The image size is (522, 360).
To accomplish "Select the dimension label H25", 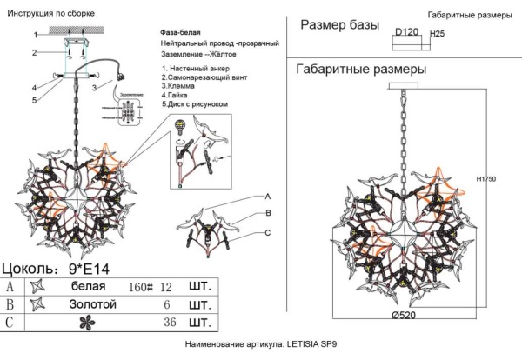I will click(438, 34).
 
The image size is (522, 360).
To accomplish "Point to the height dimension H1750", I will click(487, 179).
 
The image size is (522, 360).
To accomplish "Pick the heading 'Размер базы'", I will click(339, 26).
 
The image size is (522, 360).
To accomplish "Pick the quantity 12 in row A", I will click(167, 286).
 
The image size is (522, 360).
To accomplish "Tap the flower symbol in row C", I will click(37, 324).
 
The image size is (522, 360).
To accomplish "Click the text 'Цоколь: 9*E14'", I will click(54, 268).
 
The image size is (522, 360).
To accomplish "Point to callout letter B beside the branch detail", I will click(269, 213).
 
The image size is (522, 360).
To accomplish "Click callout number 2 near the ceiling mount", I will click(35, 53).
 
